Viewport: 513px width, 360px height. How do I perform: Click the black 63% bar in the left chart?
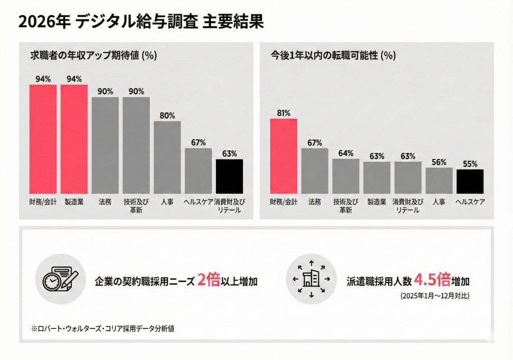coord(229,176)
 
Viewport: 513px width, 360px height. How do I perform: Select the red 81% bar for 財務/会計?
coord(284,156)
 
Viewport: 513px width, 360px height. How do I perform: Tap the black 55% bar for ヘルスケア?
coord(469,181)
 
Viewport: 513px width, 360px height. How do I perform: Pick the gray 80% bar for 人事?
coord(167,157)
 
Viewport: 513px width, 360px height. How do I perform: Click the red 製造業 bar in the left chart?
coord(74,139)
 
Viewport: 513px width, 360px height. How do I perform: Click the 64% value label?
coord(346,153)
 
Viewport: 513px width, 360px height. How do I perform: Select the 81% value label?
coord(284,113)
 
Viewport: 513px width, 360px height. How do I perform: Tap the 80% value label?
coord(167,115)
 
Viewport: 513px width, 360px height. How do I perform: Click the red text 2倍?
coord(209,280)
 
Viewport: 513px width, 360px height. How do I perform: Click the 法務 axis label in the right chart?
coord(315,202)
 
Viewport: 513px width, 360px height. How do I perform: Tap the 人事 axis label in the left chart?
coord(167,202)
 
